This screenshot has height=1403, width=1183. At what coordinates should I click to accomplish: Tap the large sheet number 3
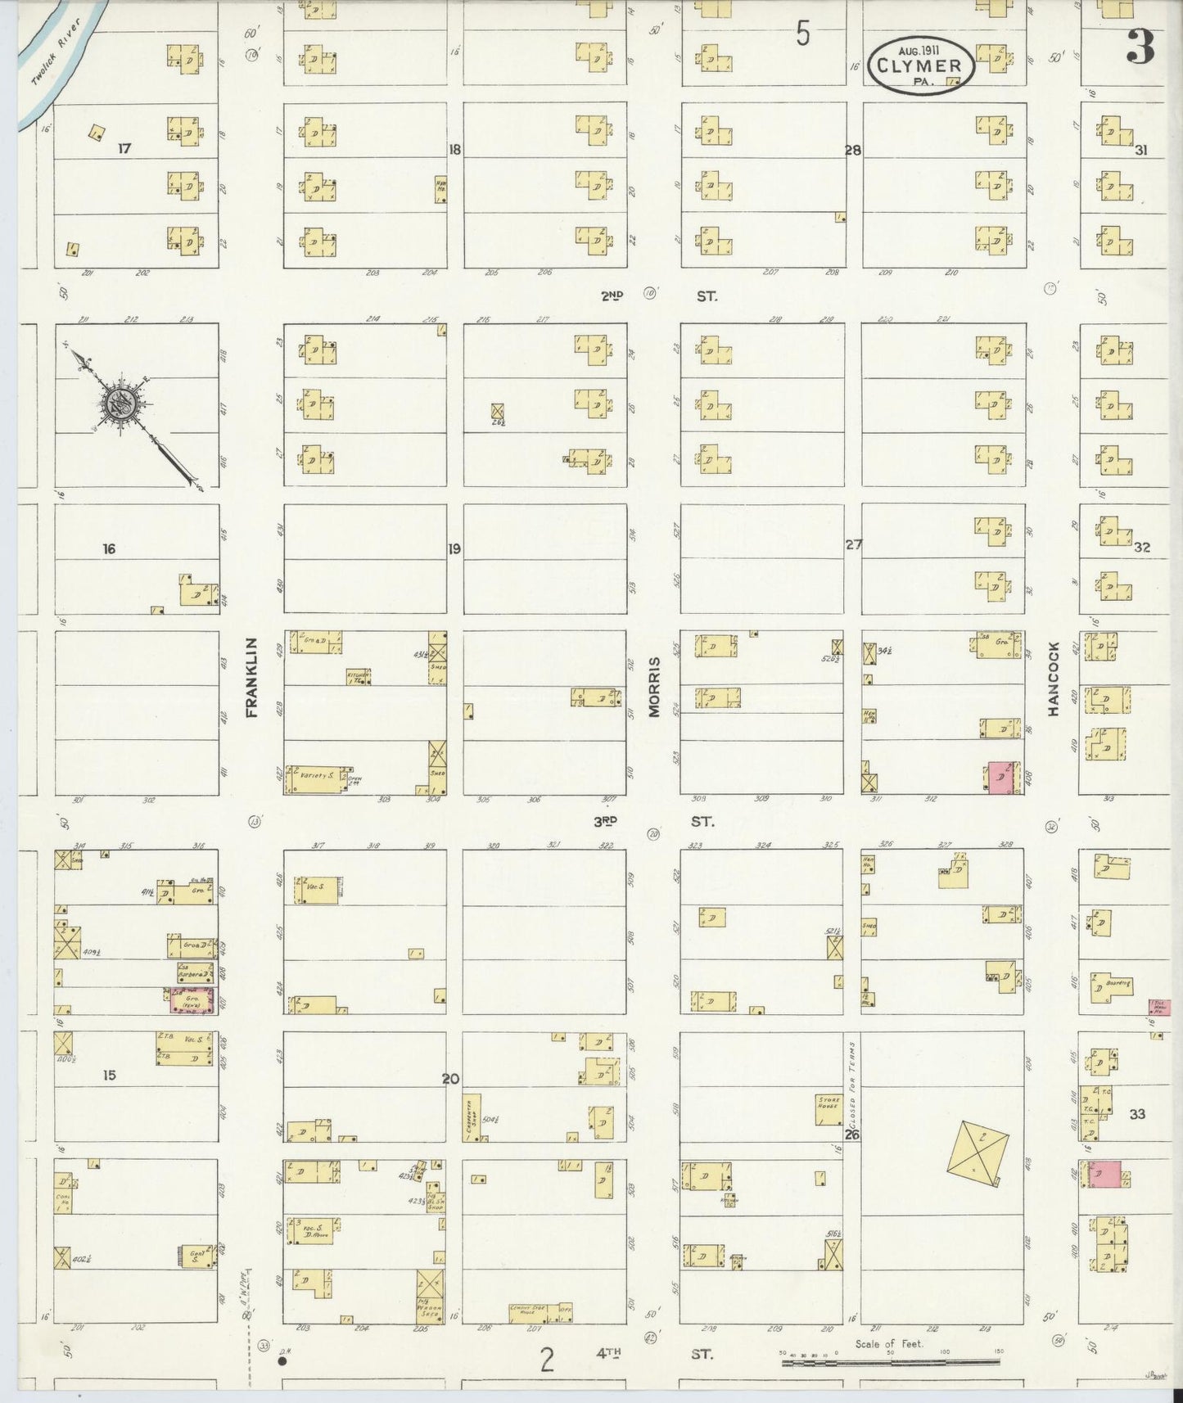(1139, 47)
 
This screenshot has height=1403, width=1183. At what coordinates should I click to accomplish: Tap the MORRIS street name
(654, 688)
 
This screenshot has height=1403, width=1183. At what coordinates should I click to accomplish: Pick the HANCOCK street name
(1053, 679)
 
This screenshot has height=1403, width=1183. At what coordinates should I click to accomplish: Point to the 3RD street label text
(606, 821)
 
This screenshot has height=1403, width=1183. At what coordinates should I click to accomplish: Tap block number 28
(854, 150)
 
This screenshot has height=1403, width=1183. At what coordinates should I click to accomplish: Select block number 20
(450, 1079)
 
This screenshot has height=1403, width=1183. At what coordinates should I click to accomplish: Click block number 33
(1137, 1114)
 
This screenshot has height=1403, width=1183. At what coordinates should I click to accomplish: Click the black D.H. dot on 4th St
(282, 1362)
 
